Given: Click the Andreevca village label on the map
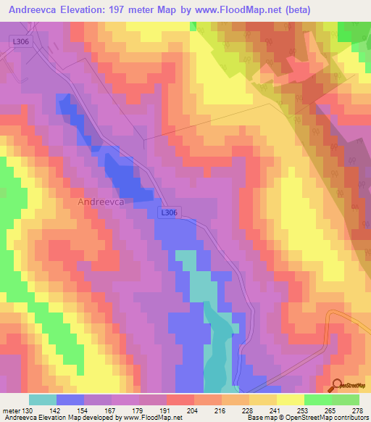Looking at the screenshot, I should click(x=101, y=203).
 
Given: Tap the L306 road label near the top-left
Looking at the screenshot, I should click(x=20, y=45).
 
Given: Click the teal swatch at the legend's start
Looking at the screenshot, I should click(x=43, y=400).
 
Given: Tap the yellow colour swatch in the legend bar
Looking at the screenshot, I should click(x=290, y=400).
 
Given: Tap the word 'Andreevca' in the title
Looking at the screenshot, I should click(x=33, y=9).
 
